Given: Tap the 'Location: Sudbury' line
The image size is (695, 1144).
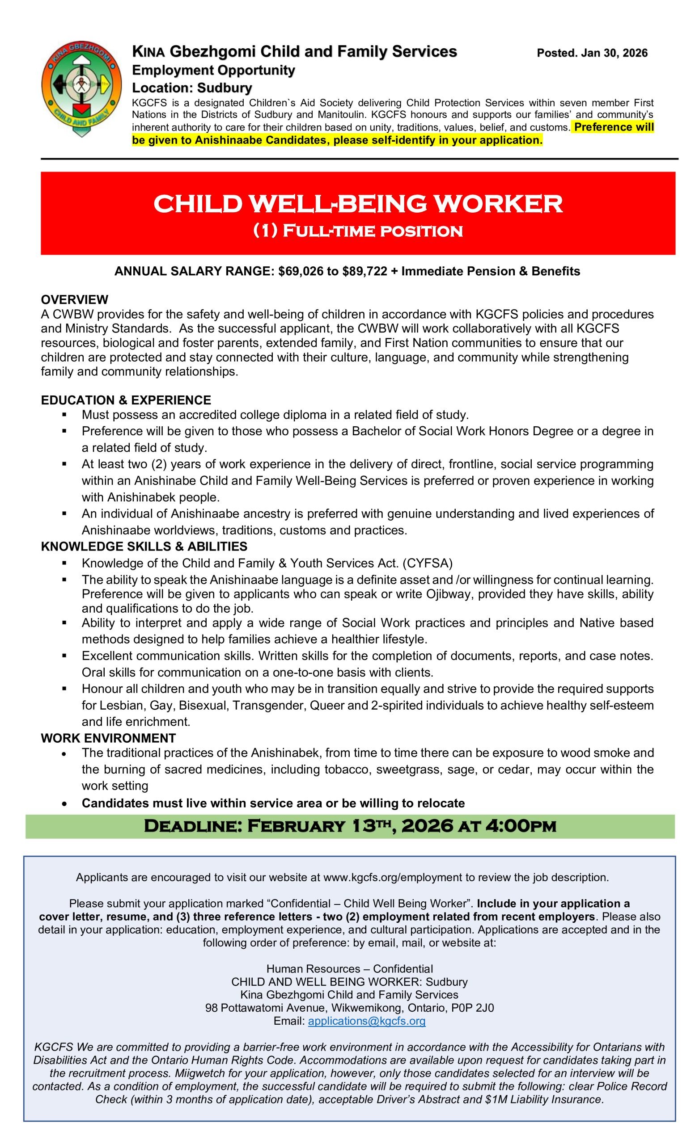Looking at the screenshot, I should pos(192,88).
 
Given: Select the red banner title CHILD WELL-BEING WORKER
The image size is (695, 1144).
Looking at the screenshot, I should pos(357,203).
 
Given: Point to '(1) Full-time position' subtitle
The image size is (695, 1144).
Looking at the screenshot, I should pos(357,231).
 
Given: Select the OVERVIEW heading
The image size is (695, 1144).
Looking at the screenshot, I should pos(74,299).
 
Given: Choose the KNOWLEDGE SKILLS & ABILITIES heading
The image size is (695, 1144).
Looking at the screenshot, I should pos(144,547).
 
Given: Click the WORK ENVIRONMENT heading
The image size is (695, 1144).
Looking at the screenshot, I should pos(108,738).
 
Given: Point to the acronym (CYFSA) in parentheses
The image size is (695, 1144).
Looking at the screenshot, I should pos(427,563).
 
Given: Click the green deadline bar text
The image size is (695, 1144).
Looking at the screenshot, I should pos(349,826).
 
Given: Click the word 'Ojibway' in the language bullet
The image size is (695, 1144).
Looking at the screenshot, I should pos(447,594).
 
